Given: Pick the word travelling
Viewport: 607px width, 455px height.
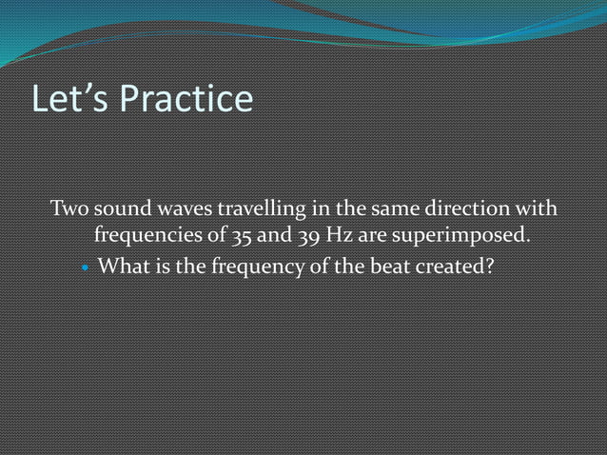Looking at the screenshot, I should coord(258,208).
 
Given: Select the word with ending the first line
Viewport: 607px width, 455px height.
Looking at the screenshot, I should coord(538,208).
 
